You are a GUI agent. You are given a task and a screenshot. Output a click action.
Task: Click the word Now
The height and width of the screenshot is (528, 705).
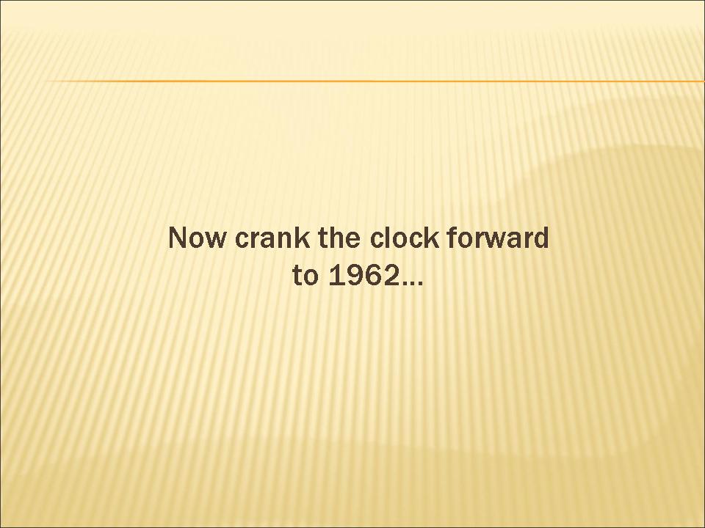[x=197, y=238]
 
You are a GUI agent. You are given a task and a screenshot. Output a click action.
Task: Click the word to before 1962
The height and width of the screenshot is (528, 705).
[x=305, y=275]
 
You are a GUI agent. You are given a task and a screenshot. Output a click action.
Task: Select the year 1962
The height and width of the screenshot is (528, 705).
[x=364, y=275]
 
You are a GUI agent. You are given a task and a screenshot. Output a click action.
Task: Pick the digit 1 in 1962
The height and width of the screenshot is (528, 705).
[x=336, y=275]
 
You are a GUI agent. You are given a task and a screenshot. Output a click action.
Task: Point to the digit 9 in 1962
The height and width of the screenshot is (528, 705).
[x=355, y=275]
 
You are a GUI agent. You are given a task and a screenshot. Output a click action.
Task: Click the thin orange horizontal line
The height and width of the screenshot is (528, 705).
[x=375, y=81]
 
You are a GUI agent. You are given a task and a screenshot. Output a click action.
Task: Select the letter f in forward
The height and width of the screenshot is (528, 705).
[x=452, y=237]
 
